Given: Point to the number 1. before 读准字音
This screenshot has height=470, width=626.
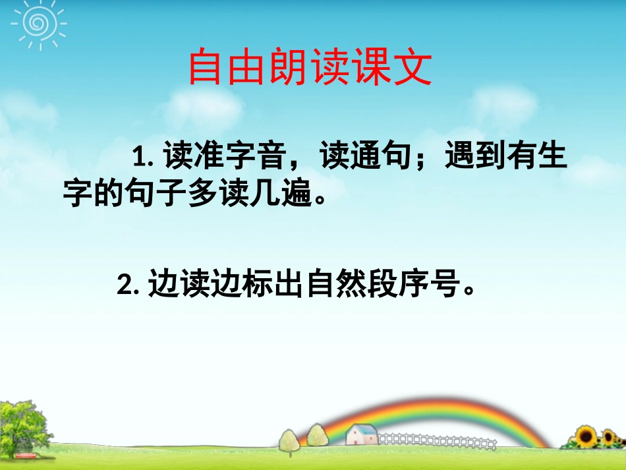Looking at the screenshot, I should pyautogui.click(x=143, y=159).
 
